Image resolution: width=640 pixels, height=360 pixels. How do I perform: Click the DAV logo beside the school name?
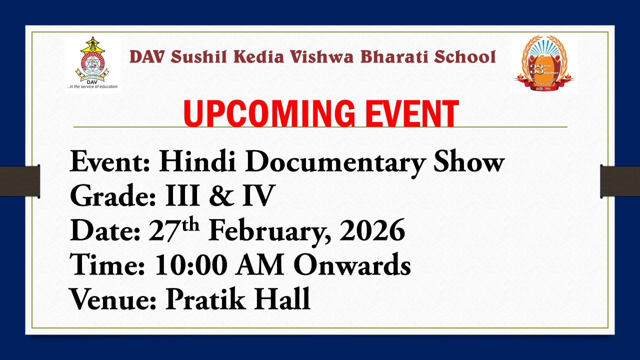click(92, 63)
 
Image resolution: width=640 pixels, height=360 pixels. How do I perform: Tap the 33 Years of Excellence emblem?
click(544, 63)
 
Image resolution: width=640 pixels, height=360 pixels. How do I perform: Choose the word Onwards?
click(352, 265)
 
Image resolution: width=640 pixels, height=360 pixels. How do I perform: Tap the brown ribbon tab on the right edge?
click(620, 181)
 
